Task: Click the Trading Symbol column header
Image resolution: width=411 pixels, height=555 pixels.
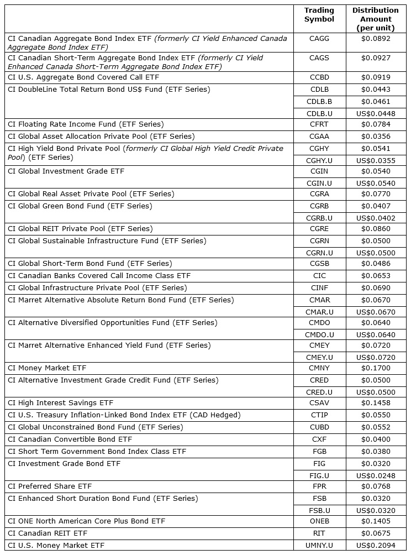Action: pos(319,14)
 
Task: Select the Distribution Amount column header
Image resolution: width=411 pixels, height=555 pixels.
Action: pos(375,19)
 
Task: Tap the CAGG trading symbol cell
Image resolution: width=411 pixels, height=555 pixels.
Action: pos(319,39)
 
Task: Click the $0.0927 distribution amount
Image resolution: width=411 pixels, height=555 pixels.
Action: pos(375,58)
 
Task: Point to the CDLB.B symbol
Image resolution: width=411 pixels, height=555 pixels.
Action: pos(319,102)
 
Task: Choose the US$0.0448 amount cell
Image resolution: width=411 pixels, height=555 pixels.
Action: pos(375,114)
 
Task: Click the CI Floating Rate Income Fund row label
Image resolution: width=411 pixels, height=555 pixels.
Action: pos(86,124)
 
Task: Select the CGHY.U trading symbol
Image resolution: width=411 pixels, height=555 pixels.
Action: pos(319,161)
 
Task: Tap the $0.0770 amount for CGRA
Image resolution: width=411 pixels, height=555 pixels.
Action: pos(375,194)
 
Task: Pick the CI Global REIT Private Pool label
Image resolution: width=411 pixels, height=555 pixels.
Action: pos(80,229)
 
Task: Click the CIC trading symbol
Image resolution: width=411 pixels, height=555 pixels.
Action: pos(319,276)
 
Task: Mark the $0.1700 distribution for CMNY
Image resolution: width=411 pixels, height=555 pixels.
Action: pos(375,368)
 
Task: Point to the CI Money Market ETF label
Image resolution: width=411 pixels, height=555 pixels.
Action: pos(47,368)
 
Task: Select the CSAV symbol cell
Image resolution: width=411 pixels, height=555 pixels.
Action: pos(319,403)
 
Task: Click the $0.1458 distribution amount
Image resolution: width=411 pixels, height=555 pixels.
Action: pos(375,403)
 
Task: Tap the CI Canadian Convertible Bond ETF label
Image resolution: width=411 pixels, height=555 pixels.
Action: pos(70,439)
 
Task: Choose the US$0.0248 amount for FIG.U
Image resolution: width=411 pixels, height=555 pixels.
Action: pos(375,475)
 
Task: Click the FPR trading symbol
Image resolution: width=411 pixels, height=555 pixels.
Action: pos(319,486)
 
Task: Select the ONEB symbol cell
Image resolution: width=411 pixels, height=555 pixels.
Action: pos(319,521)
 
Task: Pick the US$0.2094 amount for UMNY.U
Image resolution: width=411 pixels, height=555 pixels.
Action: pos(375,546)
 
